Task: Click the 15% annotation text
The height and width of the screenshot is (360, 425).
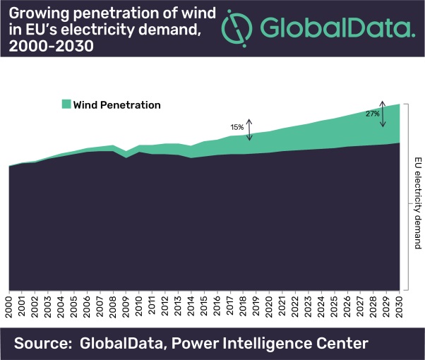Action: [237, 127]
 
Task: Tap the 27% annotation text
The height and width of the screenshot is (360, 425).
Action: [373, 113]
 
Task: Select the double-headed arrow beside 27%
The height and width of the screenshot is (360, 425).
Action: [383, 113]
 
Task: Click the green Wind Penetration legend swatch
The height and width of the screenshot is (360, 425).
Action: [66, 104]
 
